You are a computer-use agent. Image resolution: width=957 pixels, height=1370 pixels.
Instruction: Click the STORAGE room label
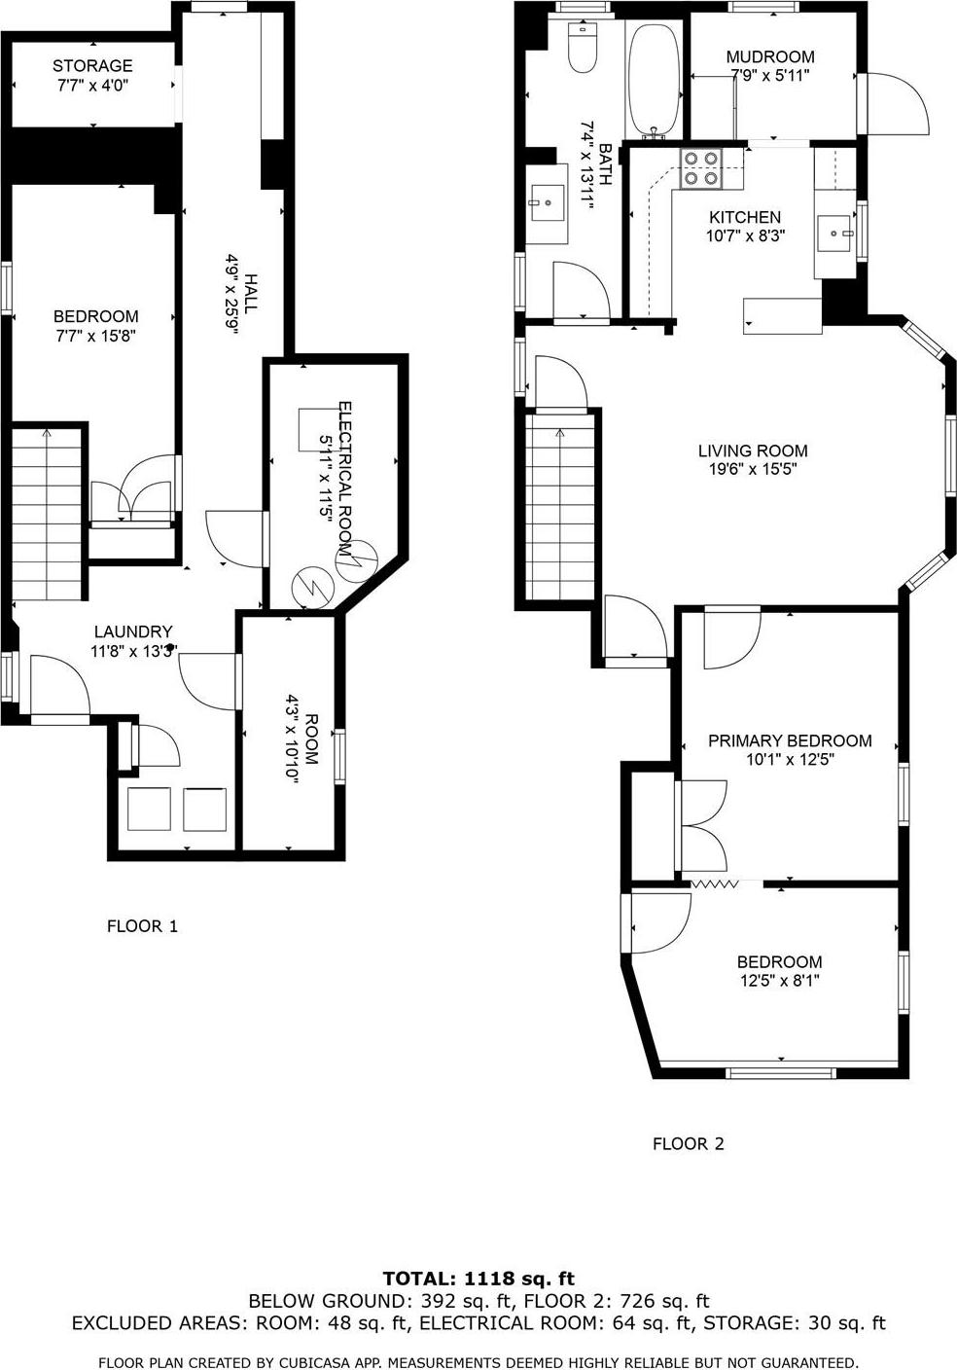click(92, 66)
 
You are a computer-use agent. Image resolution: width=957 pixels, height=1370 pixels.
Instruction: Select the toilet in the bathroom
click(582, 51)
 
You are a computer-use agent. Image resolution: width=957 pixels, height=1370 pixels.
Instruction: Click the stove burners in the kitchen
click(700, 167)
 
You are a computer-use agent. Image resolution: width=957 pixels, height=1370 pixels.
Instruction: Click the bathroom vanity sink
click(547, 203)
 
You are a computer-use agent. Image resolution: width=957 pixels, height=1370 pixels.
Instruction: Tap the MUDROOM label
click(770, 56)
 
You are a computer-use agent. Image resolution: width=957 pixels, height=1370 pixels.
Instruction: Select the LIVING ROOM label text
click(753, 451)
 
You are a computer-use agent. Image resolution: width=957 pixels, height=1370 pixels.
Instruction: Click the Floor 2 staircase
click(560, 506)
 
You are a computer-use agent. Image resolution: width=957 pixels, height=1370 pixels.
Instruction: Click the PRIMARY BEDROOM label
click(790, 740)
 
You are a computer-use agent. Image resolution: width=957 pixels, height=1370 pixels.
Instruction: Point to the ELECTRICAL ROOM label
click(343, 467)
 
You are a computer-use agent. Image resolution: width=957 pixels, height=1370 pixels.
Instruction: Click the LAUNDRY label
click(133, 631)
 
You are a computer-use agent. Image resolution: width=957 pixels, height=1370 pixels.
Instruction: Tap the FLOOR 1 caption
click(142, 926)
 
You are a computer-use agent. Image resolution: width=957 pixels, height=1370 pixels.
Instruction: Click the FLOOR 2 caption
click(689, 1144)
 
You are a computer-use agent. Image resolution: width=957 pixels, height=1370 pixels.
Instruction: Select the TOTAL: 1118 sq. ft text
click(478, 1279)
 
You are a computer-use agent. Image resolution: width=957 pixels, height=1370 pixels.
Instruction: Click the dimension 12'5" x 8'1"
click(780, 981)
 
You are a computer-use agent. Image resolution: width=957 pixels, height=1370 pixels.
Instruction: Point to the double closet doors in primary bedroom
click(703, 825)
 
